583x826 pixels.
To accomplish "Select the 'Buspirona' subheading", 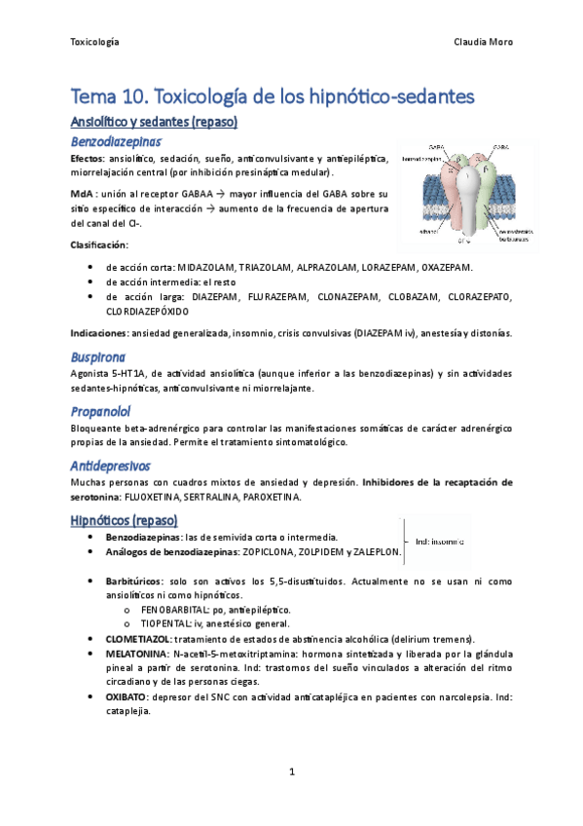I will [x=99, y=357].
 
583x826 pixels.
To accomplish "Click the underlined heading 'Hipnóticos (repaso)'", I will [x=131, y=520].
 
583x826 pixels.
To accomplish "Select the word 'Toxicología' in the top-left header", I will [x=95, y=42].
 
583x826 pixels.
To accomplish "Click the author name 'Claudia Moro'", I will [x=483, y=42].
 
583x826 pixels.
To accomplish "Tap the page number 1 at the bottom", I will [x=291, y=772].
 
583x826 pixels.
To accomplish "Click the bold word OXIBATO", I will [x=127, y=697].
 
